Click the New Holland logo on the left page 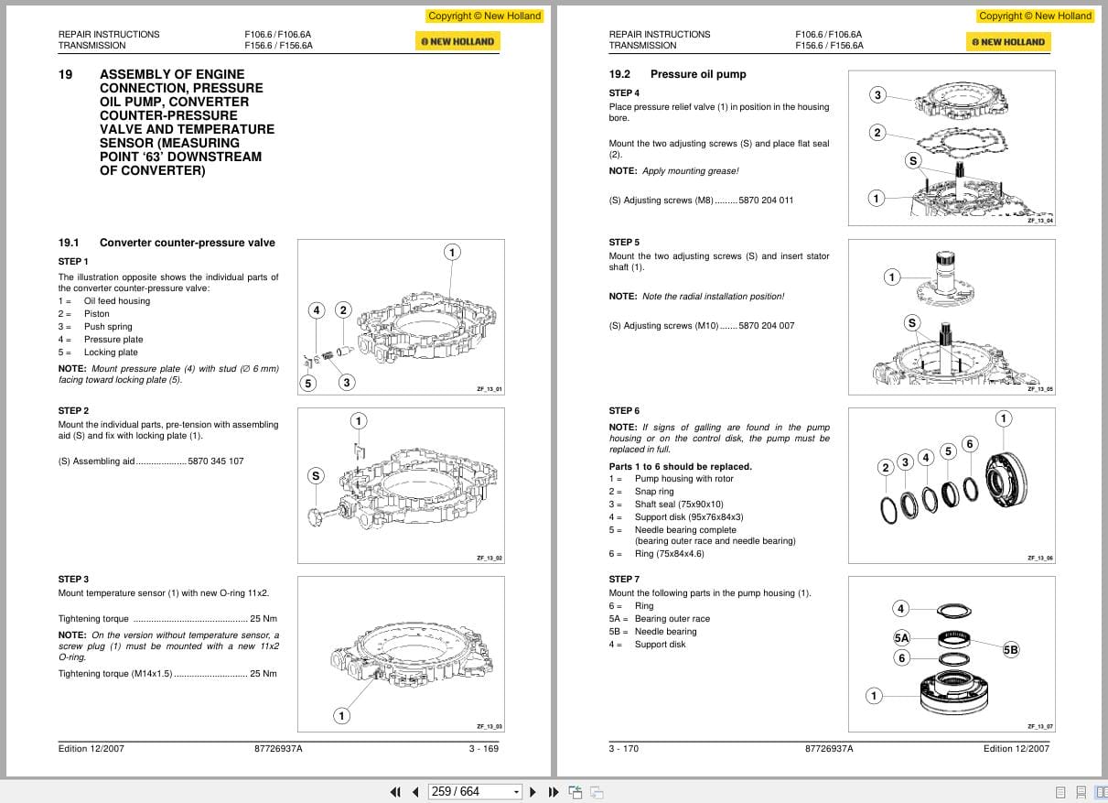pos(457,41)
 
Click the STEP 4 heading pos(624,92)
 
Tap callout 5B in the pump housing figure pos(1010,649)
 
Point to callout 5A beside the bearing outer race pos(901,637)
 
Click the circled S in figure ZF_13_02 pos(316,475)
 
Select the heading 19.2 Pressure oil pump pos(677,74)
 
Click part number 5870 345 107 pos(216,461)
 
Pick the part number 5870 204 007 pos(766,326)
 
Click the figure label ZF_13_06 pos(1039,558)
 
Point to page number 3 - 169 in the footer pos(484,748)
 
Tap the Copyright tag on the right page pos(1035,16)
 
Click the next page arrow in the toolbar pos(533,792)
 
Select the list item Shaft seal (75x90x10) pos(679,505)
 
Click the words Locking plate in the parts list pos(111,353)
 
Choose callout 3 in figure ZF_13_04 pos(877,95)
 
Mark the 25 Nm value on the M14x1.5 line pos(264,674)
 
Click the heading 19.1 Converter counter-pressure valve pos(167,243)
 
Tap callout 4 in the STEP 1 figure pos(316,310)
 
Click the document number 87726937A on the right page pos(829,748)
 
